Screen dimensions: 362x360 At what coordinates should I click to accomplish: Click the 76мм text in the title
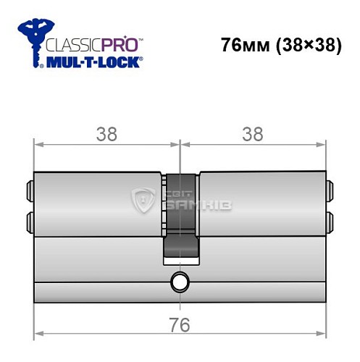coord(243,45)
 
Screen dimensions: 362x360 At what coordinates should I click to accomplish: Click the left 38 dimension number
coord(107,134)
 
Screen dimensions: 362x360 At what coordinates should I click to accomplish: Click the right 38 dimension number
coord(253,134)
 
